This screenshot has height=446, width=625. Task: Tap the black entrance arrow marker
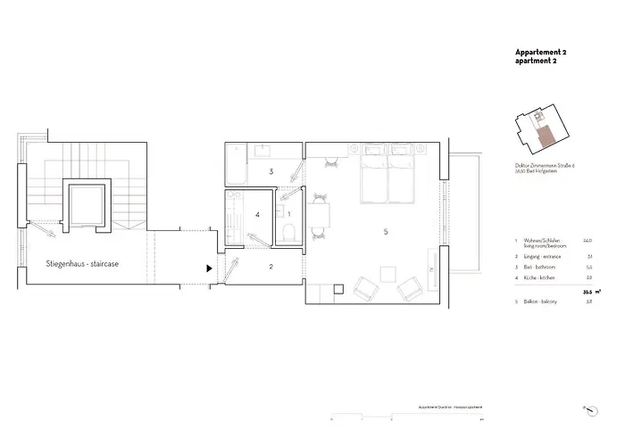point(209,267)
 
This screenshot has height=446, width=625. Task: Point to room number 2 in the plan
point(271,266)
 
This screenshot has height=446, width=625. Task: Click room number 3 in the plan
point(271,170)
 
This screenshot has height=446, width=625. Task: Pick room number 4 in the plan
point(258,214)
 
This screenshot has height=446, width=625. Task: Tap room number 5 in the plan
point(386,232)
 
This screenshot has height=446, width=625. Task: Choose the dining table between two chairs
point(318,214)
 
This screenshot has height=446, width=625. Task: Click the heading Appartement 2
point(541,53)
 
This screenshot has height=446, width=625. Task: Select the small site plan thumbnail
point(539,132)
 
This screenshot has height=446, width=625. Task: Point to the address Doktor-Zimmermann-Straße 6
point(546,166)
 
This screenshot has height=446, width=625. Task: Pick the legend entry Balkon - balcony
point(542,302)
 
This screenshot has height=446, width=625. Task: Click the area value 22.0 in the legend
point(587,240)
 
